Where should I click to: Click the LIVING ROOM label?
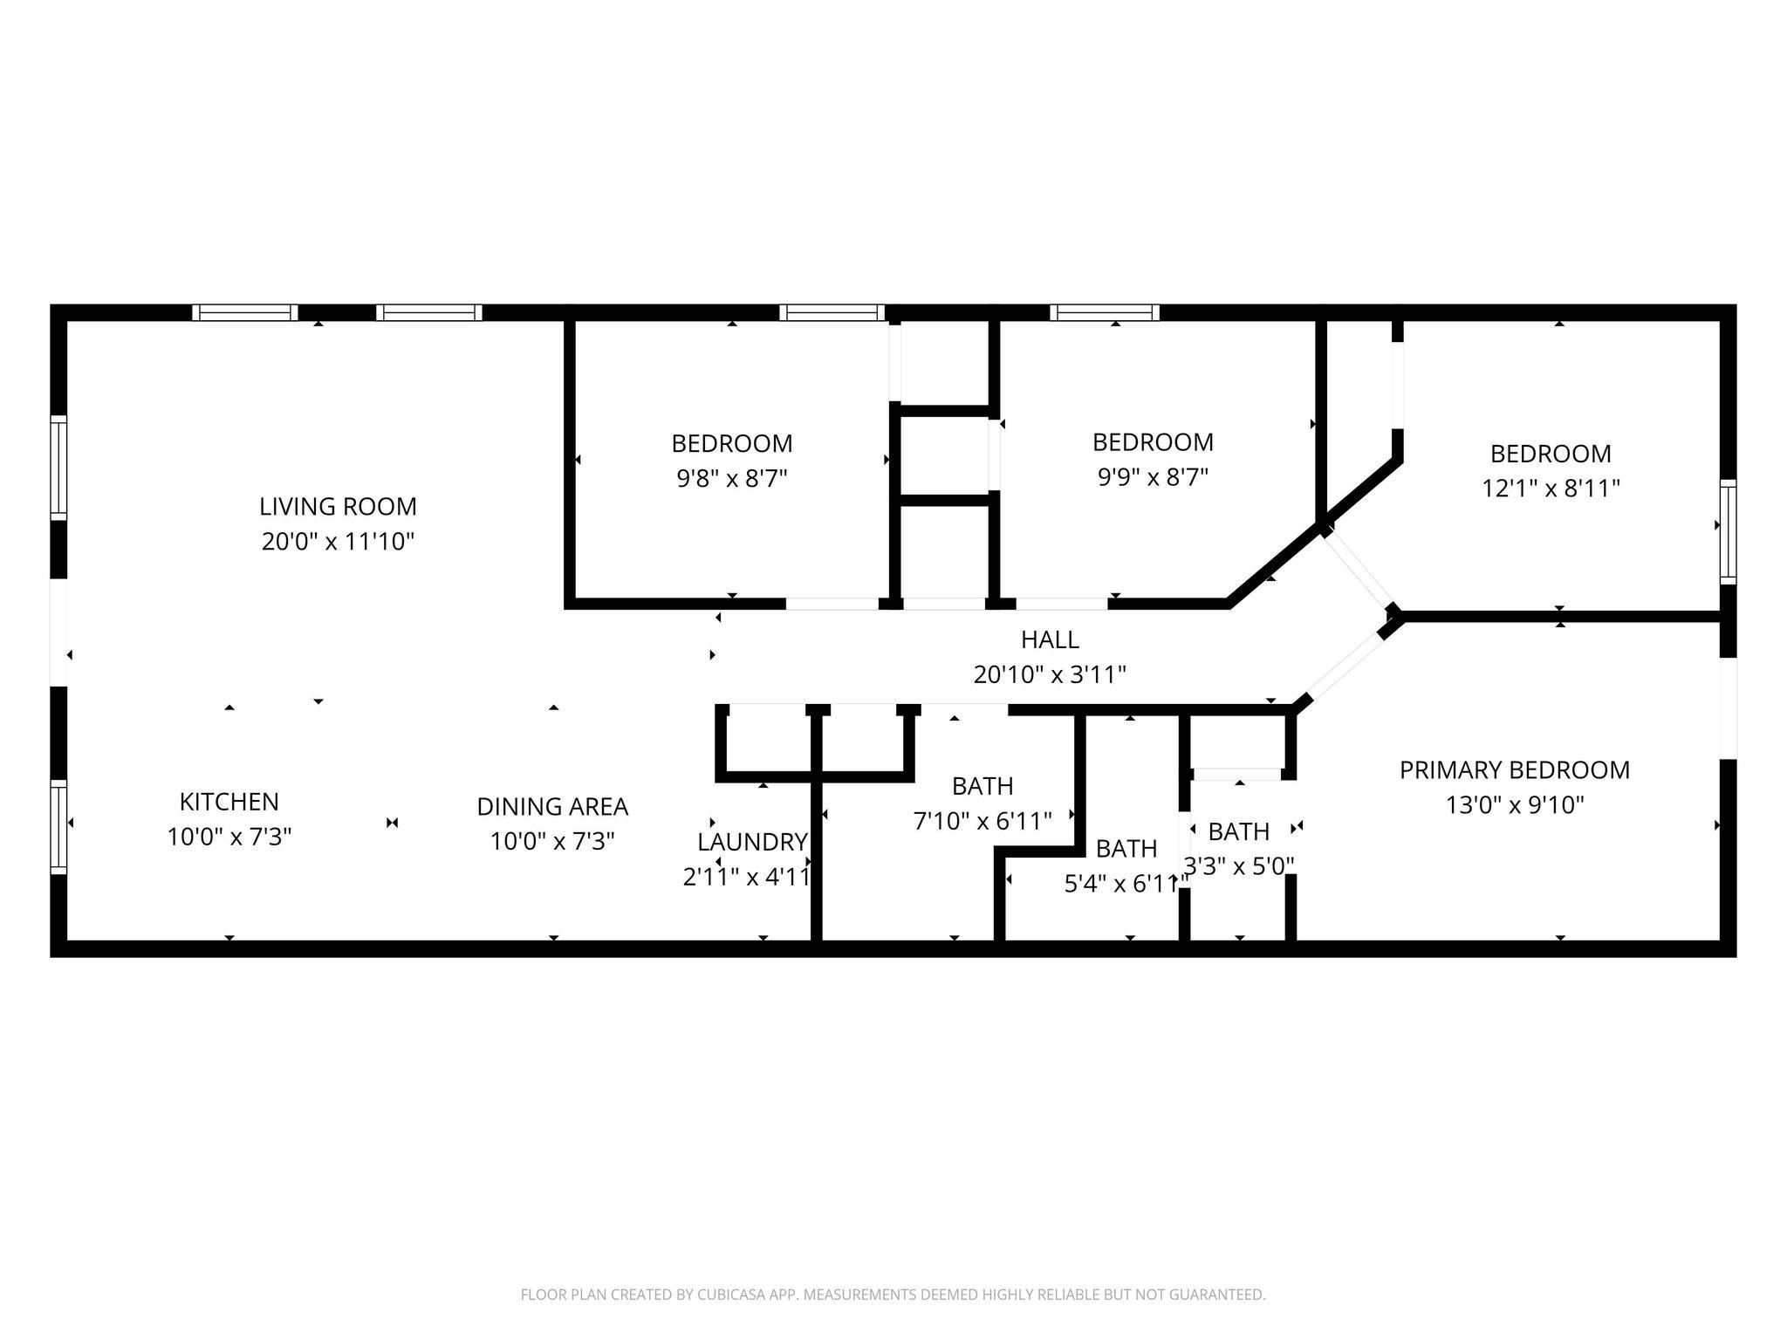pos(338,506)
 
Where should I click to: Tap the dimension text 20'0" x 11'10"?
pos(338,542)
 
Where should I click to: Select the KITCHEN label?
pos(229,802)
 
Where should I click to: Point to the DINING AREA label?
pos(552,806)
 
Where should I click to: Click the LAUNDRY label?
pos(751,842)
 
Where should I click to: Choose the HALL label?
pos(1050,639)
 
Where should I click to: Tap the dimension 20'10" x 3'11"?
pos(1050,674)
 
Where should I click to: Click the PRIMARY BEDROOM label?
pos(1514,769)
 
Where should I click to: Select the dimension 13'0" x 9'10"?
pos(1514,804)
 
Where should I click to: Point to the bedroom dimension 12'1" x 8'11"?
pos(1551,489)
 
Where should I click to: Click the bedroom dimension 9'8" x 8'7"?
pos(732,478)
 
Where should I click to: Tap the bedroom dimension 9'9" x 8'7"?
pos(1153,477)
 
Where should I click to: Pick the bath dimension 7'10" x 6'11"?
pos(983,821)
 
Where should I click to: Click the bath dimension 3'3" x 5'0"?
pos(1238,865)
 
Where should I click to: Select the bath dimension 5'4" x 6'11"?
pos(1125,884)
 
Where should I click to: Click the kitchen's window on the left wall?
pos(58,826)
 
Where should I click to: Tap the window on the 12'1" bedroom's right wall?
pos(1727,531)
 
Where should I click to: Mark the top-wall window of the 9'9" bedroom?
pos(1105,312)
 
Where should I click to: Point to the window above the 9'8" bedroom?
pos(832,312)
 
